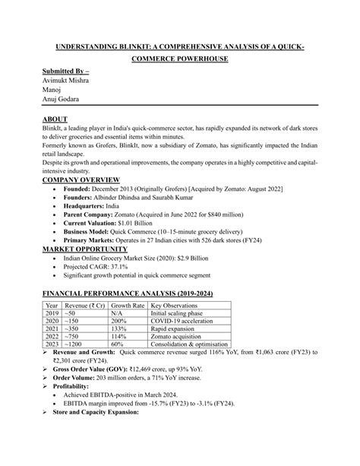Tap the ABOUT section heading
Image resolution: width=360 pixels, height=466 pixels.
(55, 119)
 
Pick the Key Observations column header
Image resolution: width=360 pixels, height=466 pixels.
(181, 305)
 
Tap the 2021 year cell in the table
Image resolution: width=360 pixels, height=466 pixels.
(52, 329)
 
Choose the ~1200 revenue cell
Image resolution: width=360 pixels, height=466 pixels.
(77, 344)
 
